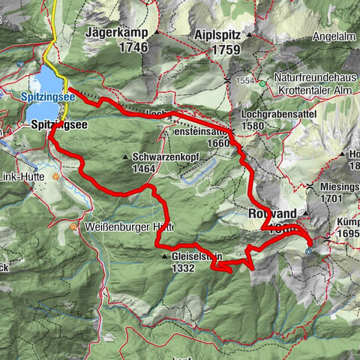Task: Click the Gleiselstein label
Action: (200, 256)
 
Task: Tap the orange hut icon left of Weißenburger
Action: (73, 226)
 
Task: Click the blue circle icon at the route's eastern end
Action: (309, 253)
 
